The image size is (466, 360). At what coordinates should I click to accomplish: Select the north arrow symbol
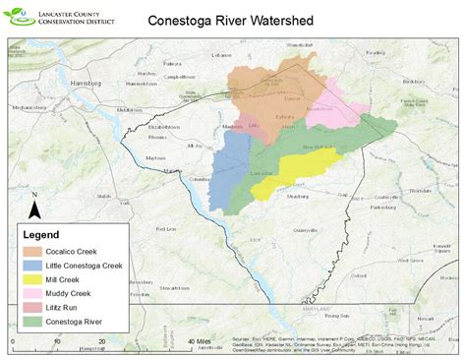tap(34, 209)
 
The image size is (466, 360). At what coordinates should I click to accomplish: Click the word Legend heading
tap(41, 236)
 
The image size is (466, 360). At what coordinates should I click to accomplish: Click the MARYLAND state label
tap(348, 307)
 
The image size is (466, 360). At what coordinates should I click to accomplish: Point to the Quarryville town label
tap(292, 228)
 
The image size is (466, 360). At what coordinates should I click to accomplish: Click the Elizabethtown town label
tap(165, 127)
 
